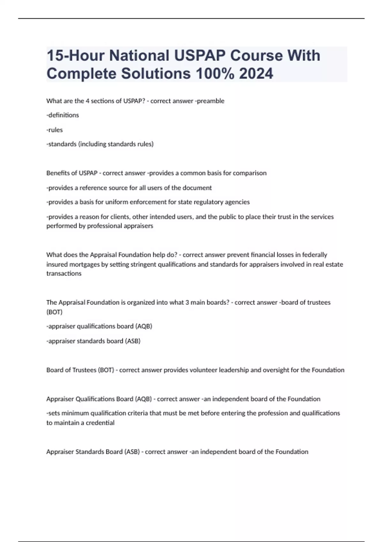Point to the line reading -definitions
point(63,115)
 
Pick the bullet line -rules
point(55,130)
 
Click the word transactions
point(64,274)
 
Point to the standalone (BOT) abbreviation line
point(54,312)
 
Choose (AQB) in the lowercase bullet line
point(144,326)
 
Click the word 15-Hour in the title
point(76,55)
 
